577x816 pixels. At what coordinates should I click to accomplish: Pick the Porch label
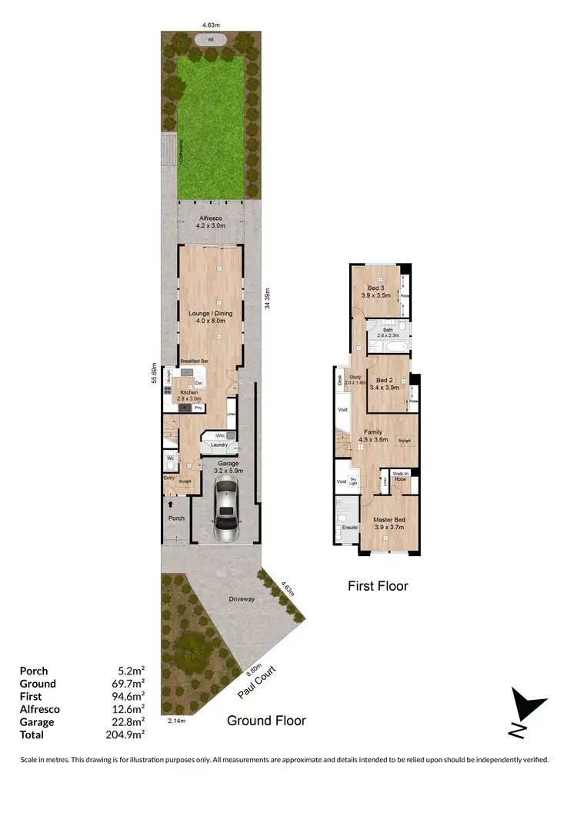[176, 518]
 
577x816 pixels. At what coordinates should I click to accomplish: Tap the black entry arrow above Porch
[170, 503]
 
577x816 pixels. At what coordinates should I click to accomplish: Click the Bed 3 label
[377, 286]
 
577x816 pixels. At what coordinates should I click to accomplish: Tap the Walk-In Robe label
[400, 476]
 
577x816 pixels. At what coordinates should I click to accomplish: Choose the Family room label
[372, 432]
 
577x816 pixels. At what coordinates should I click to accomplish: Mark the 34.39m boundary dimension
[267, 298]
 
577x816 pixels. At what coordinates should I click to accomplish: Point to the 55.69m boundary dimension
[155, 372]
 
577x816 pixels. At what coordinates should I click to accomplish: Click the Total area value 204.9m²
[128, 734]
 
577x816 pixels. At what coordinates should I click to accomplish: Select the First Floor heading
[378, 586]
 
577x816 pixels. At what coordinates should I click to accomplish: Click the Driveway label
[242, 598]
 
